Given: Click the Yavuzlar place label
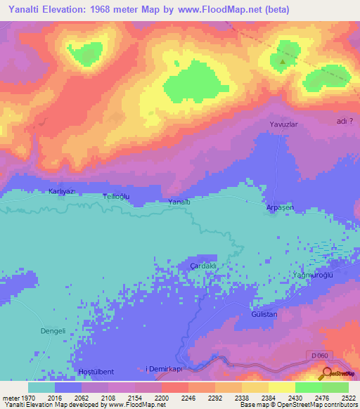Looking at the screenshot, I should point(285,124).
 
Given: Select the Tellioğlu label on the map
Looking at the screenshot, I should point(117,197).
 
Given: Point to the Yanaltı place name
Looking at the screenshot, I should point(180,202).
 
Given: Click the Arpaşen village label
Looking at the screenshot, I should point(279,208).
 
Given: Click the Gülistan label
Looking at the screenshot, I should point(264,314).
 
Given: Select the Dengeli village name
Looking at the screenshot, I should point(51,330).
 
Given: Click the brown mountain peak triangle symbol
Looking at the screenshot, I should point(283,62).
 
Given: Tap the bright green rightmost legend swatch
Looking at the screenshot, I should point(335,387).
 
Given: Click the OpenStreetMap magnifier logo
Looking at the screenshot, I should point(324,374).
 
